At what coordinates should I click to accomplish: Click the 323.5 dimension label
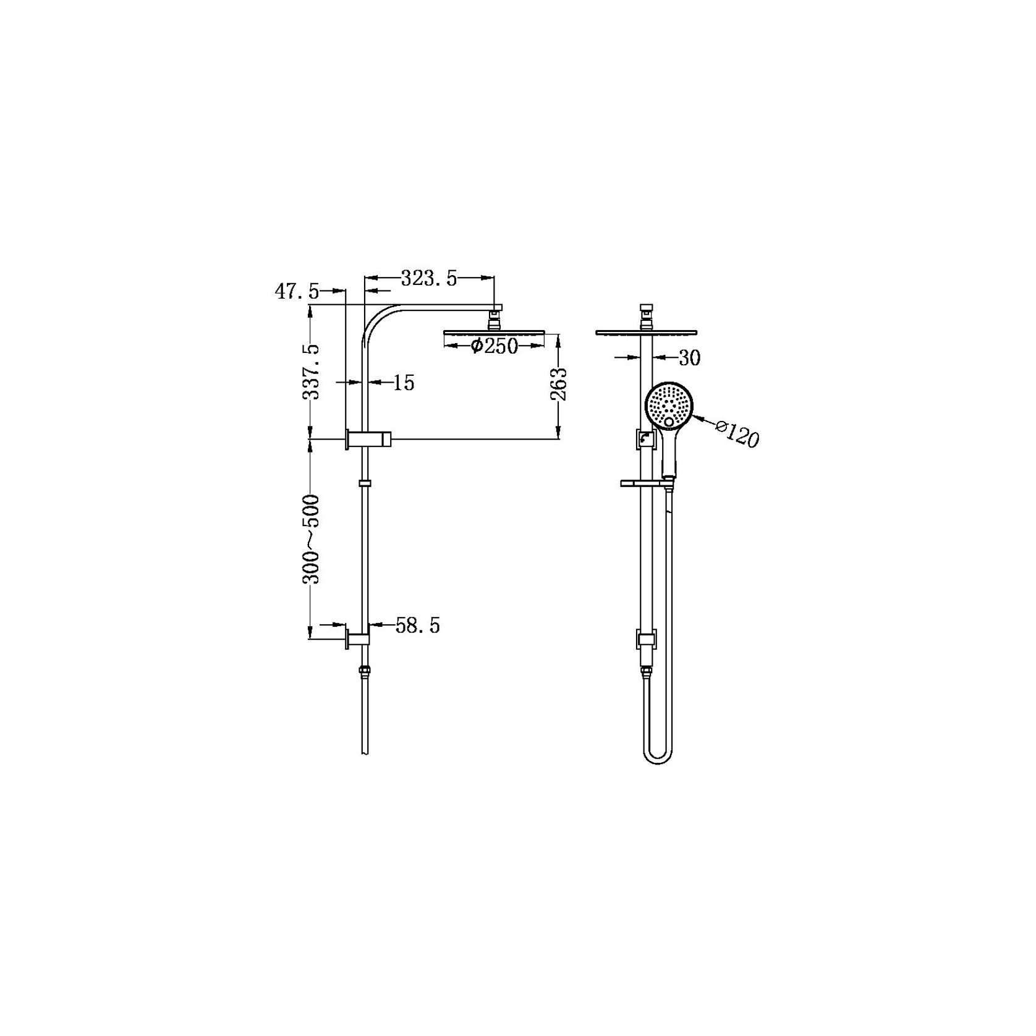429,279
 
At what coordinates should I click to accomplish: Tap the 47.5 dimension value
297,291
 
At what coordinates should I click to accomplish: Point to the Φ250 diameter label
494,346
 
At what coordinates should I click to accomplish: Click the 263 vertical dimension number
559,384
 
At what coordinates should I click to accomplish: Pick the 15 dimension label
403,383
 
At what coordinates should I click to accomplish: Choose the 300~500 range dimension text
312,539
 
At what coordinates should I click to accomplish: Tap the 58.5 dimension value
418,626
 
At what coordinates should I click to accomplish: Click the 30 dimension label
689,358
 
